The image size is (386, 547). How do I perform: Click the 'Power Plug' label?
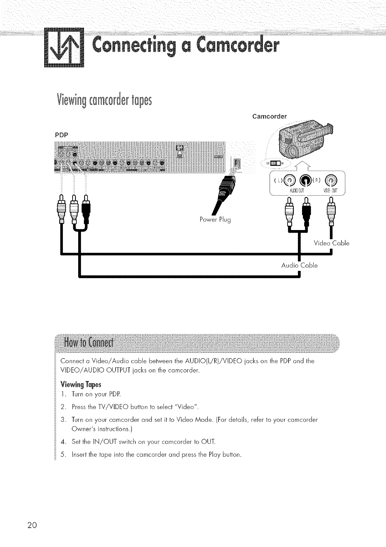[x=215, y=220]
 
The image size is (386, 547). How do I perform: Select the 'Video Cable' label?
[x=331, y=243]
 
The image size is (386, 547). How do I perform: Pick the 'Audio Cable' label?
[x=299, y=265]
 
